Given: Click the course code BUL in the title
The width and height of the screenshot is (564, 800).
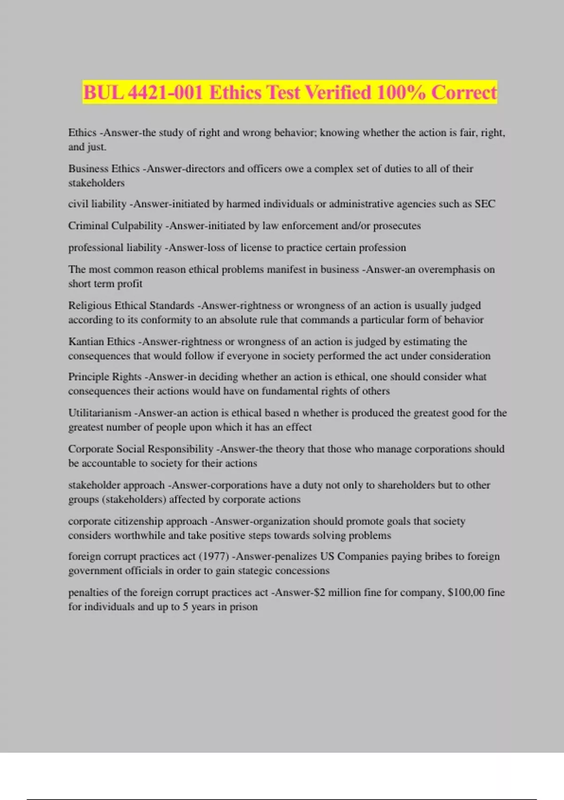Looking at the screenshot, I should tap(103, 92).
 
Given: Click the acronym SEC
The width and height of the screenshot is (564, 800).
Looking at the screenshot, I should tap(485, 204).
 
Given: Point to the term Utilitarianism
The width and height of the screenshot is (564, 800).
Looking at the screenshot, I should tap(100, 413).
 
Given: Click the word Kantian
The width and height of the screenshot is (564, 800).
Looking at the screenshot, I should tap(86, 341).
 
